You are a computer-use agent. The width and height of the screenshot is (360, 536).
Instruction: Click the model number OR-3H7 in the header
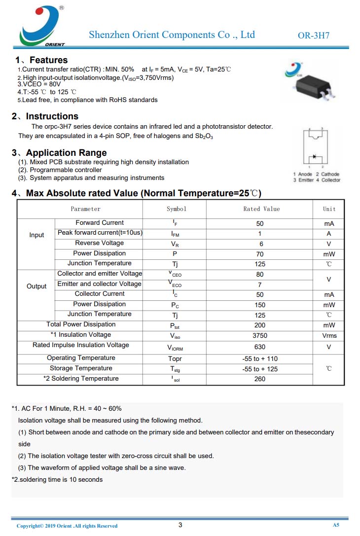point(314,36)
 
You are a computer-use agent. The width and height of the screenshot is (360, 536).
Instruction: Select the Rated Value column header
point(261,209)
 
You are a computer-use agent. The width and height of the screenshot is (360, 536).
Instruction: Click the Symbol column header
point(176,209)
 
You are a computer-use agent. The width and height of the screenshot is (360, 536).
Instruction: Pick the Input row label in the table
point(36,235)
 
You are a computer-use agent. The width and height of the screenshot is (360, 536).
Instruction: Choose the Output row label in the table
point(36,286)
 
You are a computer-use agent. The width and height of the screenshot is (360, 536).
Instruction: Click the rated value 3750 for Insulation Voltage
point(260,336)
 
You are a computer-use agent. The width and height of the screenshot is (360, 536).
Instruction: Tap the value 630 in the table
point(260,347)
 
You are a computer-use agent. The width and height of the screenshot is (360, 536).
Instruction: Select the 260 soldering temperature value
point(260,379)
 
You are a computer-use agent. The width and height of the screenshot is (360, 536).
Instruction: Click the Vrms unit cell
point(329,336)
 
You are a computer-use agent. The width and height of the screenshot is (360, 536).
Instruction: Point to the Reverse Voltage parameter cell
point(99,243)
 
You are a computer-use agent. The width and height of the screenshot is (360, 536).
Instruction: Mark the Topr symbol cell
point(175,359)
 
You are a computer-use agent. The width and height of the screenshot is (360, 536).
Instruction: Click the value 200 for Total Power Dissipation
point(260,325)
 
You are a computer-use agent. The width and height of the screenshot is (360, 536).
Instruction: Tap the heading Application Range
point(66,153)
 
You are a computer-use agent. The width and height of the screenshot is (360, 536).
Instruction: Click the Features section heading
point(48,60)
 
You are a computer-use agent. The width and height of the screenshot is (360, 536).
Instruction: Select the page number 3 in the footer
point(180,525)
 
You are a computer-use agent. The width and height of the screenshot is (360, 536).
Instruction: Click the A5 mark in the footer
point(336,525)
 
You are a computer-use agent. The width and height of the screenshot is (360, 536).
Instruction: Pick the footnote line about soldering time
point(57,479)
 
